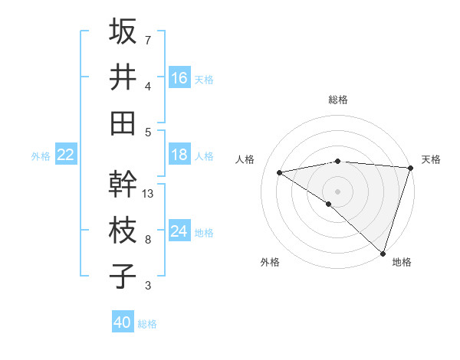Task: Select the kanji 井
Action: click(123, 77)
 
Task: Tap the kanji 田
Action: click(123, 123)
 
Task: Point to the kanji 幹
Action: click(123, 184)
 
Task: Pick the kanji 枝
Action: click(123, 230)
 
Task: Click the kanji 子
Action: click(123, 276)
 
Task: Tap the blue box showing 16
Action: click(179, 77)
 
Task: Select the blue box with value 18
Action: click(179, 155)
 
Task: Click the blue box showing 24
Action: click(179, 231)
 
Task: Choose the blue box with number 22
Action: click(65, 155)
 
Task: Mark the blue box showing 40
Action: click(123, 322)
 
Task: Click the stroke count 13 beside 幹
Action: click(149, 194)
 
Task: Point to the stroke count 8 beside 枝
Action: click(148, 240)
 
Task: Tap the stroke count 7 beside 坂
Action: click(148, 40)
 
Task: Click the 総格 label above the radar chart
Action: click(337, 100)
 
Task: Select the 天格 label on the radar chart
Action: click(431, 159)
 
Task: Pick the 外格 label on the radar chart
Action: click(270, 262)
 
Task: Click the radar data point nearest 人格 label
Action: click(280, 172)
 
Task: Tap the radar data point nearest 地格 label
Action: click(383, 253)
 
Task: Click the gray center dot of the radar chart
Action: click(337, 190)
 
